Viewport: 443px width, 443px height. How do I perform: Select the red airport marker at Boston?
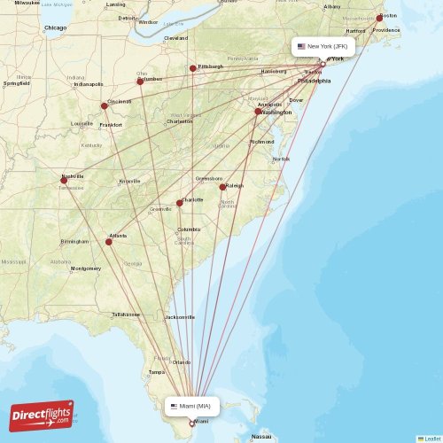(x=380, y=18)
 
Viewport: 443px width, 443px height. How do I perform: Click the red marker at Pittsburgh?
(x=192, y=68)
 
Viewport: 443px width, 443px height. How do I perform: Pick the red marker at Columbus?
(x=140, y=82)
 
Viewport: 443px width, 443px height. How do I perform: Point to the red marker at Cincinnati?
(x=105, y=105)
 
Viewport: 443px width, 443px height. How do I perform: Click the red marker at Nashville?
(x=63, y=181)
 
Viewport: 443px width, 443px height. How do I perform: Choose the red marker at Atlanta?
(x=109, y=242)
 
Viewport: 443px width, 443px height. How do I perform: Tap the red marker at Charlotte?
(x=179, y=203)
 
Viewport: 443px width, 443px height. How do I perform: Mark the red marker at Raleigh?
(x=222, y=187)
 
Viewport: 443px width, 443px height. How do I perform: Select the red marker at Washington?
(x=258, y=112)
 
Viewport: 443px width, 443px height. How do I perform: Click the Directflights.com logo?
(x=42, y=415)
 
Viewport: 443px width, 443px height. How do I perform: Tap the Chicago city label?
(x=56, y=28)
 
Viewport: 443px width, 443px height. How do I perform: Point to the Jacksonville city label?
(x=180, y=316)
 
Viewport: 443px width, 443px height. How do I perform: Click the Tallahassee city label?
(x=126, y=314)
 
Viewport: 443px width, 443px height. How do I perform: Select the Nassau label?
(x=261, y=437)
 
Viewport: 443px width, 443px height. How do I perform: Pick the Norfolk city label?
(x=281, y=159)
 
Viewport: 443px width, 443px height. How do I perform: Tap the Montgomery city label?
(x=85, y=268)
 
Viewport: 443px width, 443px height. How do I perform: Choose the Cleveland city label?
(x=175, y=38)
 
